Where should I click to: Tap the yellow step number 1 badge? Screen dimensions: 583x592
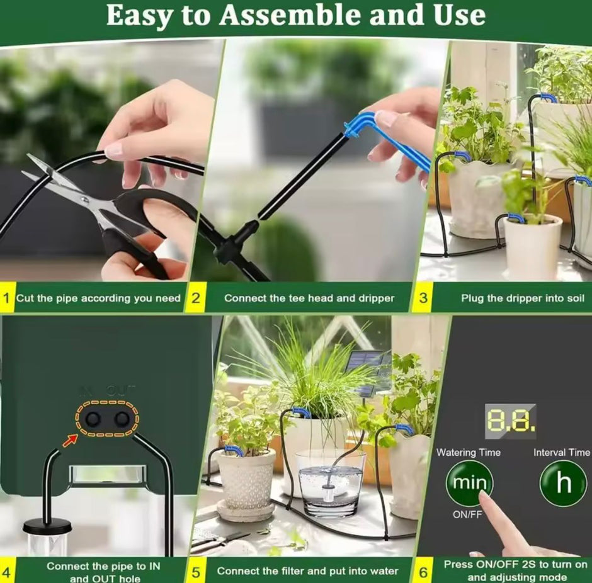coord(7,298)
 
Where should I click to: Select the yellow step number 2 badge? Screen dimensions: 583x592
coord(195,298)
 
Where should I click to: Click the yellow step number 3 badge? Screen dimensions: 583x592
coord(423,298)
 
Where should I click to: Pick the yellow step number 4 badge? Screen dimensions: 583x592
coord(7,572)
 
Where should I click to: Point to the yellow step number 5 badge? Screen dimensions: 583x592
coord(196,572)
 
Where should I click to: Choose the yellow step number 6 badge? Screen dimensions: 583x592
coord(423,572)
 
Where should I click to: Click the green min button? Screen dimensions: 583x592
coord(469,483)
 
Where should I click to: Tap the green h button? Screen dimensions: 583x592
coord(563,483)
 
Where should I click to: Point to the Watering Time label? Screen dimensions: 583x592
coord(469,452)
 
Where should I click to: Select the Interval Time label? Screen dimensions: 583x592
coord(561,452)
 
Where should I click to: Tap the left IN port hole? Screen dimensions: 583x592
coord(94,419)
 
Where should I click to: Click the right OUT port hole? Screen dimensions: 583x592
coord(122,419)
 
